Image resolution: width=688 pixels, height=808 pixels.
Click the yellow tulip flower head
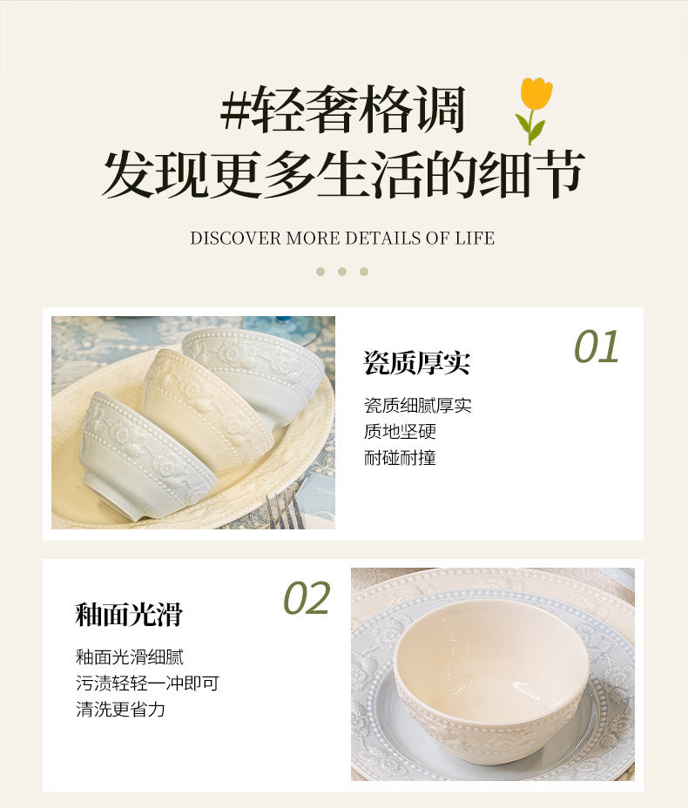(536, 93)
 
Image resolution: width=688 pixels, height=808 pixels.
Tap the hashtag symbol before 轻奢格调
(235, 110)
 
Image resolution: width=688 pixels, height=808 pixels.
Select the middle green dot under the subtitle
(342, 272)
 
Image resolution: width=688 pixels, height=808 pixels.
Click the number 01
(597, 347)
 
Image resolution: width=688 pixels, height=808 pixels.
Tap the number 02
(307, 598)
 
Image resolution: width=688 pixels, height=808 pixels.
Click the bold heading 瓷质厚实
(416, 363)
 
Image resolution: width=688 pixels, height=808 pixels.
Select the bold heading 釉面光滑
(129, 614)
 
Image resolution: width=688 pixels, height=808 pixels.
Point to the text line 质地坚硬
(400, 431)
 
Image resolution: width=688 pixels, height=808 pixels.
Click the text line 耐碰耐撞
(400, 458)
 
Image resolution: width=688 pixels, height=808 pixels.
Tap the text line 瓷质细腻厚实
(417, 405)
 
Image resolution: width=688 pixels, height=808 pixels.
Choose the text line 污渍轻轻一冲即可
(147, 683)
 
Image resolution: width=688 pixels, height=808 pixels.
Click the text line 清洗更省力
(120, 710)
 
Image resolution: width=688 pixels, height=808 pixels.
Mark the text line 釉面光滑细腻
(130, 657)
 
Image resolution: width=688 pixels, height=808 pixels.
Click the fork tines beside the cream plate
(283, 510)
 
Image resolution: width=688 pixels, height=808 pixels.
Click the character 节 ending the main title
(558, 174)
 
